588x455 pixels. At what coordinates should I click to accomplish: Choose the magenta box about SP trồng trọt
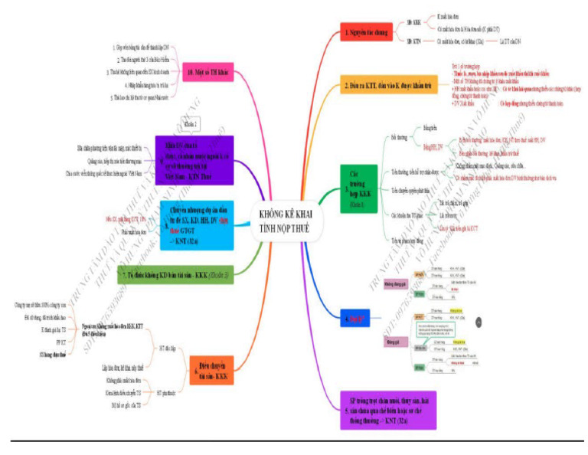389,409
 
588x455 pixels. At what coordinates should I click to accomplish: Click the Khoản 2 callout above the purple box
191,122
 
